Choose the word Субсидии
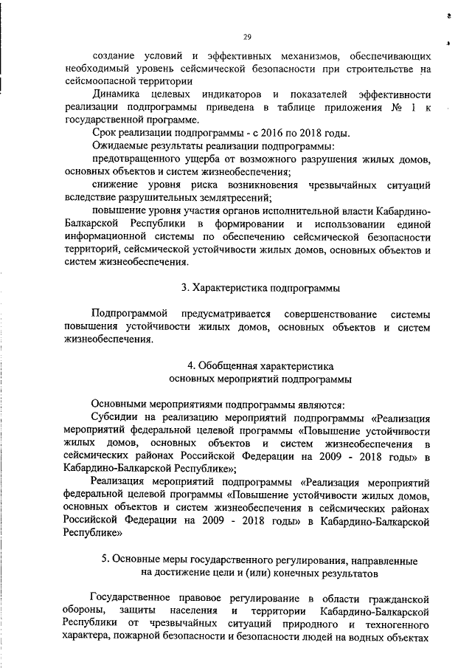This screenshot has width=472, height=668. click(x=114, y=418)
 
